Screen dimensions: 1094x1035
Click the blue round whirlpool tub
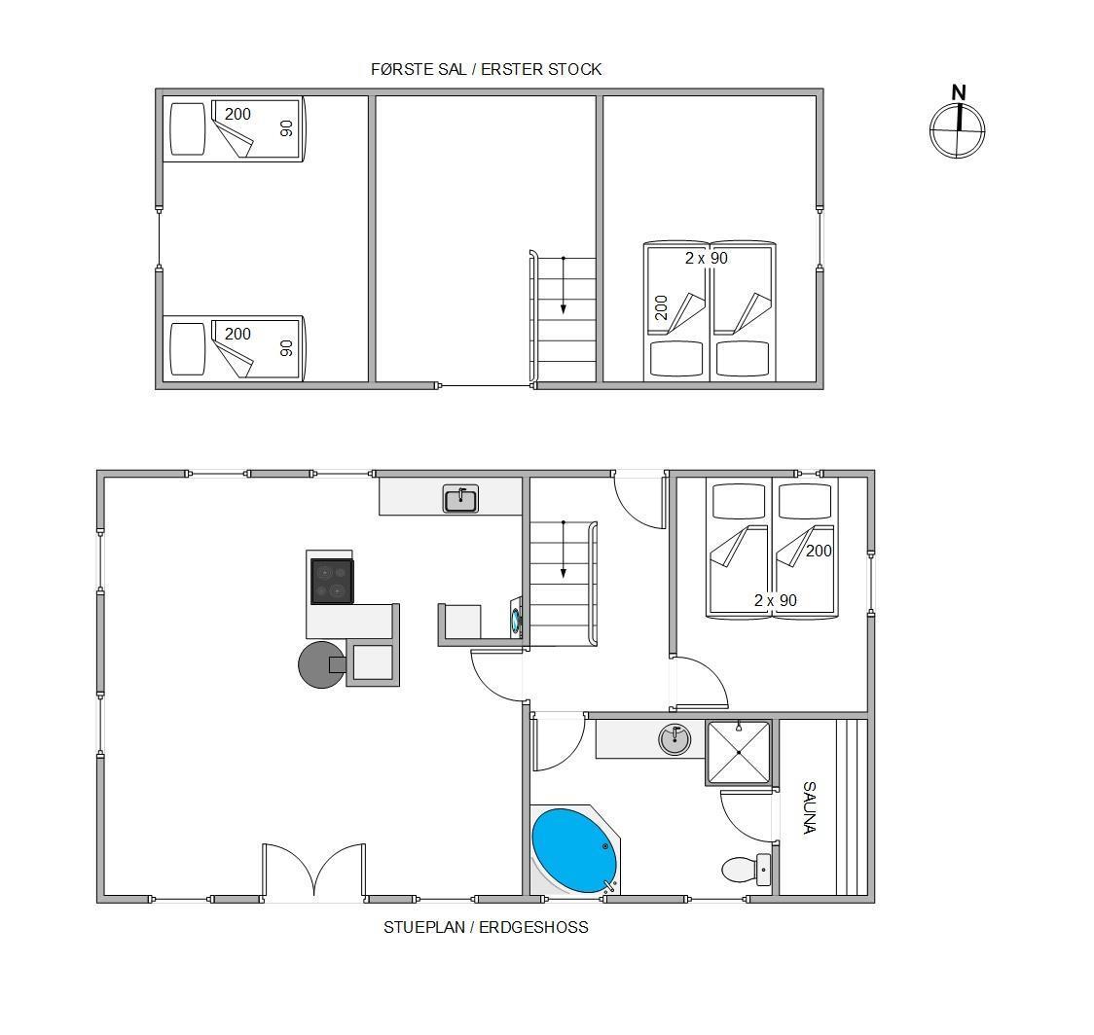click(x=574, y=850)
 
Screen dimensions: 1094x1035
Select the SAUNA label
click(x=810, y=807)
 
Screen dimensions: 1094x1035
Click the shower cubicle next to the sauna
click(x=739, y=753)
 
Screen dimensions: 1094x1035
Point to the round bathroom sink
click(x=675, y=739)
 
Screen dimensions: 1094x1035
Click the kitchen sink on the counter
click(x=460, y=499)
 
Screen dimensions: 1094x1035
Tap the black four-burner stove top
click(x=332, y=582)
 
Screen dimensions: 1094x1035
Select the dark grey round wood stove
click(x=321, y=664)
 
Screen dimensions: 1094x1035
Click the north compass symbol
click(x=958, y=130)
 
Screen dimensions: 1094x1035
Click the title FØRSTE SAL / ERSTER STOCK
click(x=487, y=69)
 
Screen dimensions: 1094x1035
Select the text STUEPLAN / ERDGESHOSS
click(x=486, y=927)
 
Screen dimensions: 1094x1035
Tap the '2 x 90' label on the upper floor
click(x=706, y=258)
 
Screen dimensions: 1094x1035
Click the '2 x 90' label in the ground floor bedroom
click(x=775, y=600)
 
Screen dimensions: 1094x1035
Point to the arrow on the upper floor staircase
click(x=563, y=286)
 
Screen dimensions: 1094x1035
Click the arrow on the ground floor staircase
click(x=563, y=550)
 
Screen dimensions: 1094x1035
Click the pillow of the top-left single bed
click(x=188, y=129)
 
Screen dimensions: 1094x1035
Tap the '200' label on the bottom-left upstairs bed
click(x=237, y=334)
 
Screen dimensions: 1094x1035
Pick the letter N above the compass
click(x=960, y=92)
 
